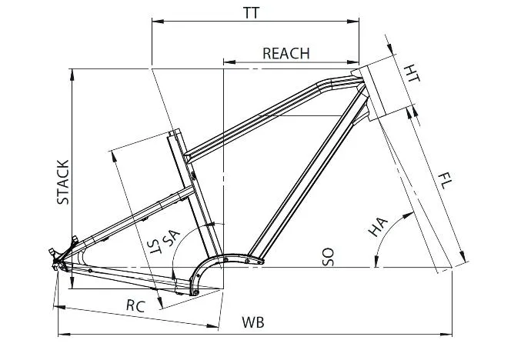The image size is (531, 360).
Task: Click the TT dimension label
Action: [251, 13]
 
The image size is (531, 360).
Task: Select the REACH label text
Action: [286, 53]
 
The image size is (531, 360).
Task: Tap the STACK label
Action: [63, 182]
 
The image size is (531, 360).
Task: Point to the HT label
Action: [412, 73]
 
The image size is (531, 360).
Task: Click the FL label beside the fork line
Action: [445, 181]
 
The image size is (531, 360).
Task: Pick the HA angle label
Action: [378, 227]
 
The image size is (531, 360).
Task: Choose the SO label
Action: [328, 257]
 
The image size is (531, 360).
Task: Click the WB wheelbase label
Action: [253, 322]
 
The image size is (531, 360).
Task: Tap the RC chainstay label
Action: [135, 306]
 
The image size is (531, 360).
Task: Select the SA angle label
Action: [171, 238]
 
